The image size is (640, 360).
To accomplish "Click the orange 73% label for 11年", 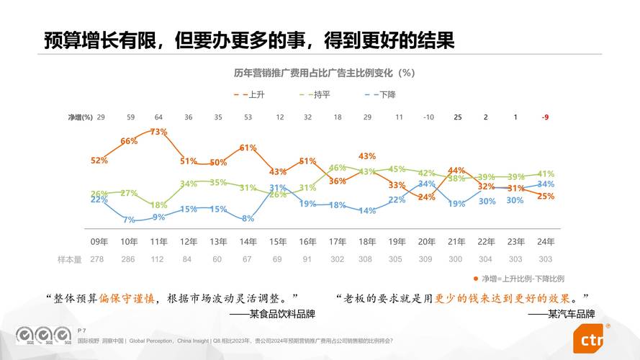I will pyautogui.click(x=158, y=132).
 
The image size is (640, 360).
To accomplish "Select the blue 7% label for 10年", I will pyautogui.click(x=129, y=220).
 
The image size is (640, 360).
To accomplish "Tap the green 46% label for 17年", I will pyautogui.click(x=337, y=168).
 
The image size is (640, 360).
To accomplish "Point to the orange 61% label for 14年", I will pyautogui.click(x=248, y=148).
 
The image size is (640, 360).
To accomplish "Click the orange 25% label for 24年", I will pyautogui.click(x=546, y=196).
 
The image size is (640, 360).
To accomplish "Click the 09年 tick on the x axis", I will pyautogui.click(x=99, y=241).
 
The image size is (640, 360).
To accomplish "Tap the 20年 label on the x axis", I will pyautogui.click(x=426, y=241).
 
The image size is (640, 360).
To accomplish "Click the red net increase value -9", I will pyautogui.click(x=545, y=117).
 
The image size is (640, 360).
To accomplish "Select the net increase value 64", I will pyautogui.click(x=158, y=117).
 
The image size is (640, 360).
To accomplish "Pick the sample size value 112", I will pyautogui.click(x=158, y=258).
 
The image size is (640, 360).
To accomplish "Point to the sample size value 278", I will pyautogui.click(x=99, y=258).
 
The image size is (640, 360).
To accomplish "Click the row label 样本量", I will pyautogui.click(x=70, y=258).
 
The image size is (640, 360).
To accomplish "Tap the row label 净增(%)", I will pyautogui.click(x=81, y=117).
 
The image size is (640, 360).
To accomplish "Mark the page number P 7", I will pyautogui.click(x=81, y=330).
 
